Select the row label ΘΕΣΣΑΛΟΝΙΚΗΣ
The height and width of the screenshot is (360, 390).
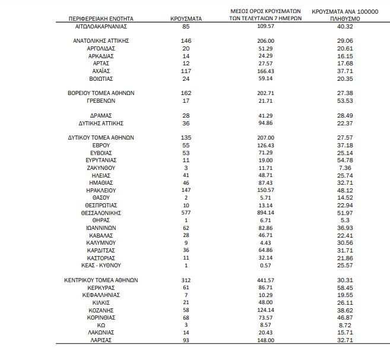pyautogui.click(x=101, y=212)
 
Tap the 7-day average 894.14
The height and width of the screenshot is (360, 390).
pyautogui.click(x=265, y=212)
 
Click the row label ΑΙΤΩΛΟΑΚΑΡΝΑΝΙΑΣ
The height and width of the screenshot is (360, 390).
pyautogui.click(x=102, y=27)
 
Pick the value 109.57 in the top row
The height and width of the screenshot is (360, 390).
pyautogui.click(x=265, y=27)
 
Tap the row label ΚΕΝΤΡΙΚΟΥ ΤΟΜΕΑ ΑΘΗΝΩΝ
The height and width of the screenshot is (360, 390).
pyautogui.click(x=101, y=280)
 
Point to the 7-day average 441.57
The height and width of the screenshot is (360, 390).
pyautogui.click(x=265, y=280)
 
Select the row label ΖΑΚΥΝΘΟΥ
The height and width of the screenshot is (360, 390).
pyautogui.click(x=102, y=168)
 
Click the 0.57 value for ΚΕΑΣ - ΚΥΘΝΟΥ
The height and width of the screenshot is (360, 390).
pyautogui.click(x=265, y=265)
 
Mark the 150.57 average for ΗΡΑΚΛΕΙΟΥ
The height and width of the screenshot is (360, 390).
pyautogui.click(x=265, y=190)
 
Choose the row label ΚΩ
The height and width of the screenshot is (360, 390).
pyautogui.click(x=102, y=326)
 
